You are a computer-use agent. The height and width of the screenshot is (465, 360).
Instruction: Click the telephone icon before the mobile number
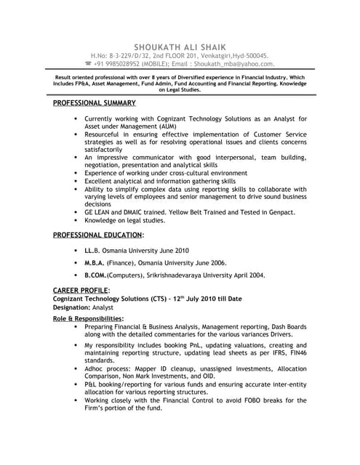coord(89,63)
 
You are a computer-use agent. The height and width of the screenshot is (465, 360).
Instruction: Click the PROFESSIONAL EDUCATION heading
coord(98,235)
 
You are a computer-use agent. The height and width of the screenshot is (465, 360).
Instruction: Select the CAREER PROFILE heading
coord(81,290)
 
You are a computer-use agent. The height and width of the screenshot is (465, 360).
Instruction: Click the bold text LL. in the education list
coord(90,249)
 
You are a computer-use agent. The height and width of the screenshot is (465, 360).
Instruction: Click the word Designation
coord(76,307)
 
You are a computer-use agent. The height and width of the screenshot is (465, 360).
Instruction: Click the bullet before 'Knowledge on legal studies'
coord(76,219)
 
